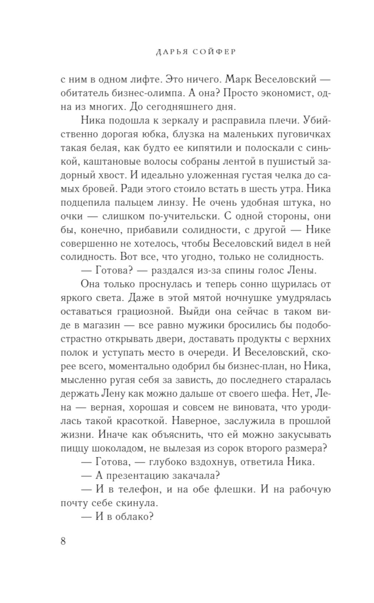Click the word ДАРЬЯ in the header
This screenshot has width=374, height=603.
(x=167, y=52)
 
